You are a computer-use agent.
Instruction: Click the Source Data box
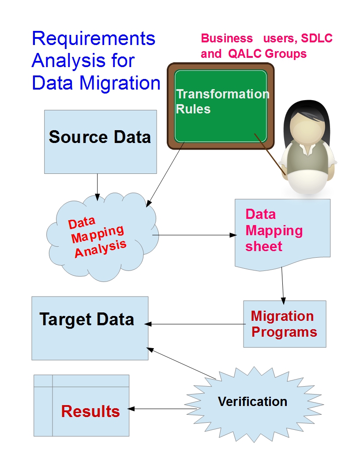pos(101,141)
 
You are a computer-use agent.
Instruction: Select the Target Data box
pos(90,328)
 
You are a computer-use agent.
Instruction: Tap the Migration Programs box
pos(285,324)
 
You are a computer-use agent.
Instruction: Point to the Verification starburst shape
pos(253,401)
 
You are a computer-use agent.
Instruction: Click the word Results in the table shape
pos(90,411)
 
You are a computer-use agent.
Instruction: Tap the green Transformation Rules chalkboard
pos(221,106)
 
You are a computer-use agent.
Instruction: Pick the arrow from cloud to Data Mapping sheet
pos(194,235)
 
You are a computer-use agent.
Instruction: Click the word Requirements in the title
pos(94,39)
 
